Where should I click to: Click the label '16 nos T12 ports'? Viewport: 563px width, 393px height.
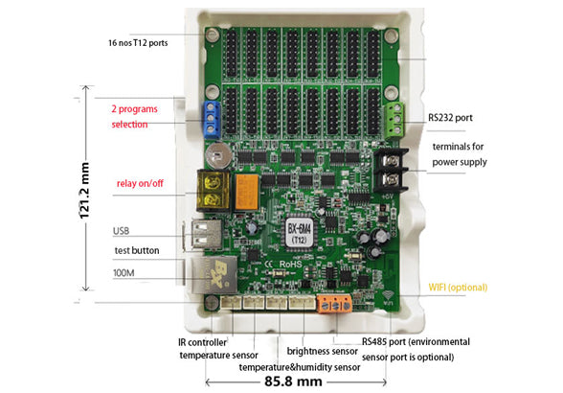point(143,43)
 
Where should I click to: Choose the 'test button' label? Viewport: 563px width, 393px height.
point(137,250)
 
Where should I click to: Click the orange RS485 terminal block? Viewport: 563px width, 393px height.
point(331,306)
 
